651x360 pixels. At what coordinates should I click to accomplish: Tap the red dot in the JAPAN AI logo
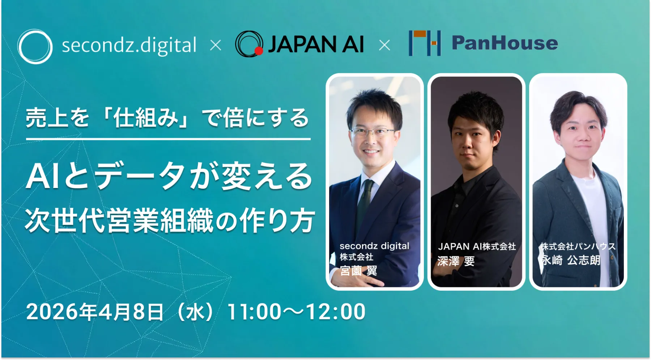coord(259,51)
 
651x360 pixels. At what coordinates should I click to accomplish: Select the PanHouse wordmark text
coord(505,43)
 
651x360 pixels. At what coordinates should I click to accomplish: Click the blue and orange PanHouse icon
coord(425,43)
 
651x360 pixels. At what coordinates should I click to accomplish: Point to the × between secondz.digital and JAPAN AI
coord(216,46)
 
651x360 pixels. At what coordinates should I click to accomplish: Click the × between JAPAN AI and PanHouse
coord(384,46)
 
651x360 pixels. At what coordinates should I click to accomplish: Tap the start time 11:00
coord(254,312)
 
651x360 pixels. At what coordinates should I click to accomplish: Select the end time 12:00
coord(336,312)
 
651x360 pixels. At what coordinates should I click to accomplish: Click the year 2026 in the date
coord(52,312)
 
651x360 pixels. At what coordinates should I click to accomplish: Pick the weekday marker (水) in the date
coord(195,312)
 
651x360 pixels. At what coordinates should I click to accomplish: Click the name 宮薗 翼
coord(358,270)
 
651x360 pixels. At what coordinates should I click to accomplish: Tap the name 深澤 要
coord(456,261)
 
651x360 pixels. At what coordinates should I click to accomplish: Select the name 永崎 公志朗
coord(570,260)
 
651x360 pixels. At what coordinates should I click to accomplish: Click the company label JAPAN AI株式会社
coord(477,247)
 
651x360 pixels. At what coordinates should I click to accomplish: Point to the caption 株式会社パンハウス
coord(578,247)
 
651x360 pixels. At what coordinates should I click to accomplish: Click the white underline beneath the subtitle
coord(168,139)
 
